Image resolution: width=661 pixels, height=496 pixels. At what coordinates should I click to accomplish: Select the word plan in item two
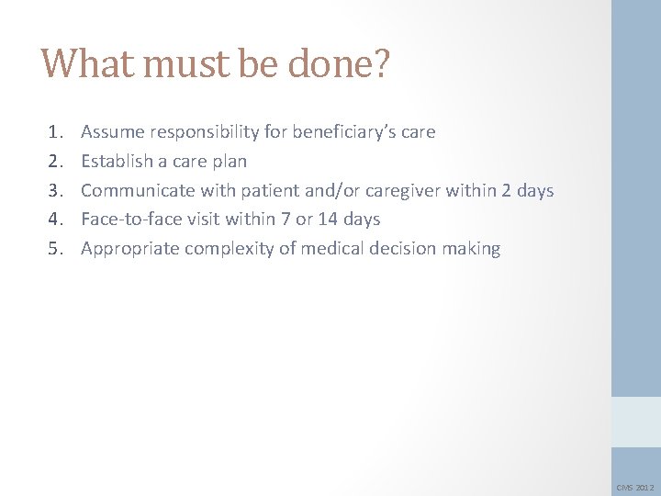click(229, 162)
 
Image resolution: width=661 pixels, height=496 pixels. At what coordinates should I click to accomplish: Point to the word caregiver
click(401, 190)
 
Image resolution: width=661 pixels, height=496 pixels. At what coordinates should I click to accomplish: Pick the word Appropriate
click(129, 248)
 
